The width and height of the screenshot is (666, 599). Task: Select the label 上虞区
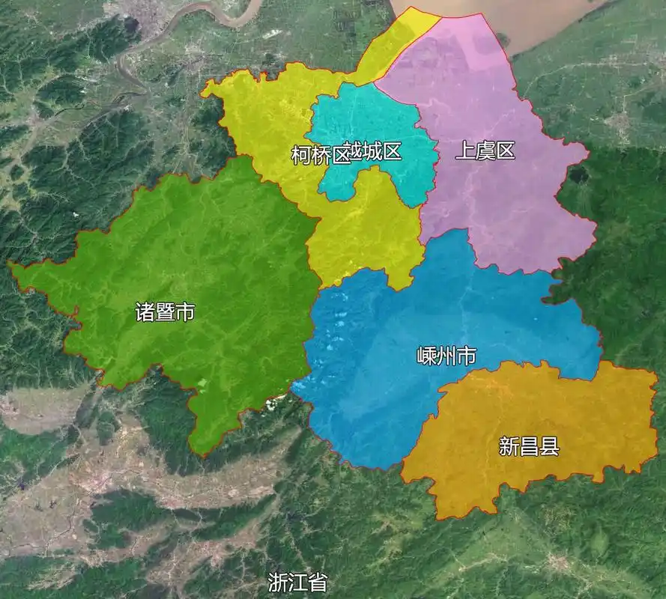pos(485,150)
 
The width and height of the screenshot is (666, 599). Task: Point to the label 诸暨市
pos(165,311)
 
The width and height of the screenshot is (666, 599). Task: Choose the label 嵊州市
pos(446,356)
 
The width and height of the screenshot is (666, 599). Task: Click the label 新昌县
pos(529,447)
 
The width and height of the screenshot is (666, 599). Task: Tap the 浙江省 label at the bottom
pos(297,583)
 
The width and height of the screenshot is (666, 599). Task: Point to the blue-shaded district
pos(390,389)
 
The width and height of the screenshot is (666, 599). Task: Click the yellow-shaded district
pos(367,232)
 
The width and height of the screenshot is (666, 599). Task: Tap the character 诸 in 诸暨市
pos(145,311)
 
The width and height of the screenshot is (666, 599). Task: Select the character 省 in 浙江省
pos(318,583)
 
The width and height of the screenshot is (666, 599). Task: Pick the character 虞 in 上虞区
pos(485,150)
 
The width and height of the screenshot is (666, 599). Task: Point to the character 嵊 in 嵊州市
pos(426,356)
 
